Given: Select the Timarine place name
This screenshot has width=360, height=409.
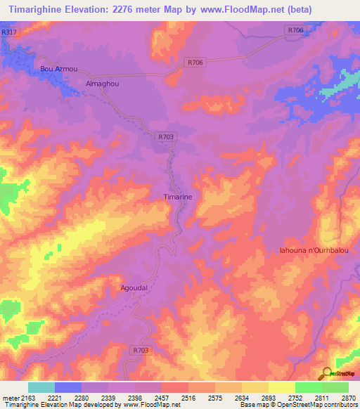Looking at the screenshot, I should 177,197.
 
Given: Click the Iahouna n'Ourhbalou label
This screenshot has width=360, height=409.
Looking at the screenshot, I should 320,250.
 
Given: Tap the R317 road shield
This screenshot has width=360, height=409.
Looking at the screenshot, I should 10,32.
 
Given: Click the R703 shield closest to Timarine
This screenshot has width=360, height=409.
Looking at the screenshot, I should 165,137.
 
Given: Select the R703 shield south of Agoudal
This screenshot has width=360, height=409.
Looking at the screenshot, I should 141,349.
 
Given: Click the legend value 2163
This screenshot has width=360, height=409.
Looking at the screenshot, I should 27,398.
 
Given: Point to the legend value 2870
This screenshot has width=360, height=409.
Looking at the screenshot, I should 349,398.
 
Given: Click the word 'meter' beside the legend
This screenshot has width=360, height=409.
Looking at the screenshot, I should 10,398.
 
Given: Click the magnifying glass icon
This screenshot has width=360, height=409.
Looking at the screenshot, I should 326,374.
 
